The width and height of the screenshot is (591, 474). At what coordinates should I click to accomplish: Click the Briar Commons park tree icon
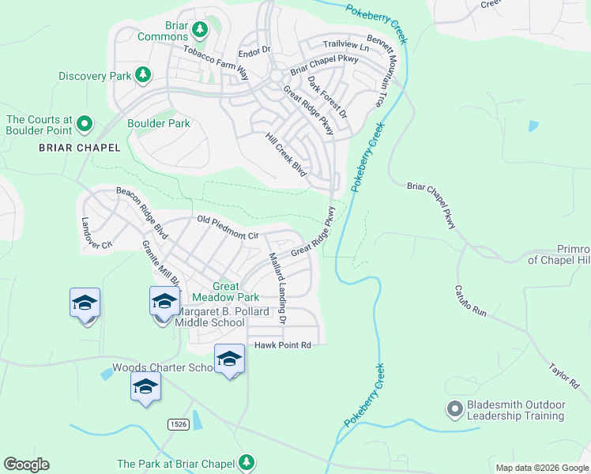point(200,30)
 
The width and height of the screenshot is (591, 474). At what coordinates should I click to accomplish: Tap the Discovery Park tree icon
point(143,76)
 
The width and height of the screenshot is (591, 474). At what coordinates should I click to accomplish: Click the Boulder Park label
point(159,123)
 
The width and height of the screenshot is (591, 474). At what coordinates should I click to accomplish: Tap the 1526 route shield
point(179,424)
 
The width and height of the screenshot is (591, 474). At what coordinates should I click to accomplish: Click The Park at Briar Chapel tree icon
point(247,462)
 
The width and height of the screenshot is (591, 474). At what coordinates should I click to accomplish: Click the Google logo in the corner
point(26,465)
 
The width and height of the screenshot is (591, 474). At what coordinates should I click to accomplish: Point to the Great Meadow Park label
point(236,292)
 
